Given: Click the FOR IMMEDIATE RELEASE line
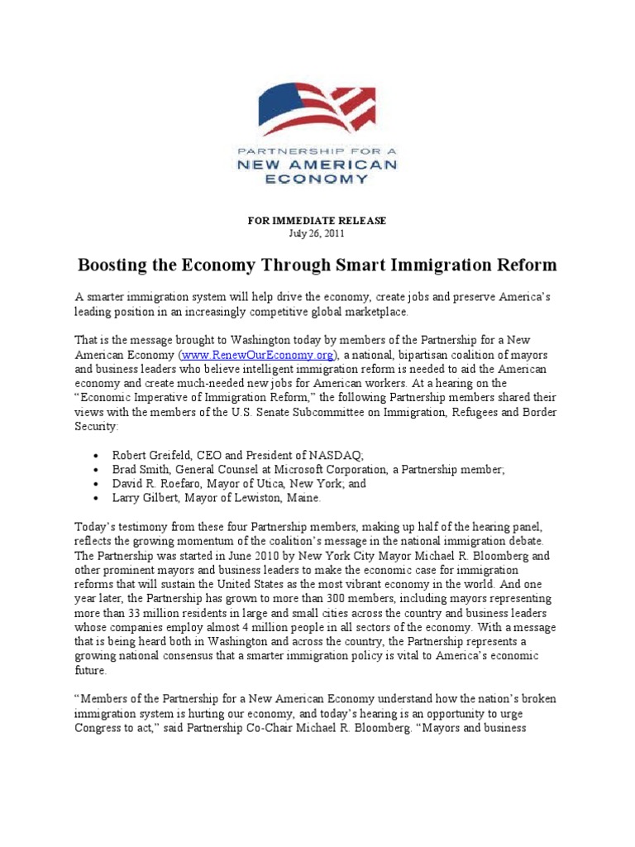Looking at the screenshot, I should coord(317,221).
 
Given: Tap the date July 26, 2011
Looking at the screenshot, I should coord(317,234).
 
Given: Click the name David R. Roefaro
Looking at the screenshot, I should coord(156,484).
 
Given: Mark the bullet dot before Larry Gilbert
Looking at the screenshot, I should coord(97,499).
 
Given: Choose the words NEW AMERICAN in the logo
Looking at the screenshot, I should coord(317,165).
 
